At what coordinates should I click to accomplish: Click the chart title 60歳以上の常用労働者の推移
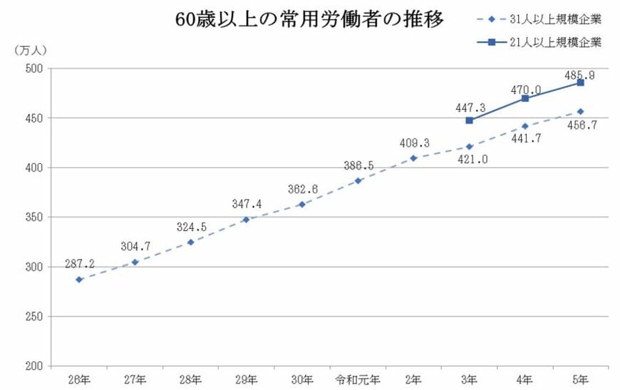click(310, 19)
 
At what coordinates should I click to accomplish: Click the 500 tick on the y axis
click(34, 68)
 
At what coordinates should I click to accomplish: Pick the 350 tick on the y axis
click(34, 217)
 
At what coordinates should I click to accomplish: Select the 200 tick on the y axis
click(34, 366)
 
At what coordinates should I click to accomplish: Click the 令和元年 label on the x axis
click(358, 378)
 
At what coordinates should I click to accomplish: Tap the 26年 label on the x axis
click(78, 378)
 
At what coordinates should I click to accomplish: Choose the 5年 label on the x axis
click(580, 378)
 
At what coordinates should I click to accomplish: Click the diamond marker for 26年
click(79, 279)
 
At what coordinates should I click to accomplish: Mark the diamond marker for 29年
click(247, 220)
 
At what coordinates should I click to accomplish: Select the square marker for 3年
click(469, 120)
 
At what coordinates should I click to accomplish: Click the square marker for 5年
click(580, 83)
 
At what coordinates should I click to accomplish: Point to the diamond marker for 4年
click(525, 126)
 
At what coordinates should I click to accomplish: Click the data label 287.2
click(79, 263)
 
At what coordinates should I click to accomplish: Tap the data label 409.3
click(414, 143)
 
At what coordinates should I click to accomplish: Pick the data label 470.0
click(525, 90)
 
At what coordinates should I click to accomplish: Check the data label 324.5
click(191, 227)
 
